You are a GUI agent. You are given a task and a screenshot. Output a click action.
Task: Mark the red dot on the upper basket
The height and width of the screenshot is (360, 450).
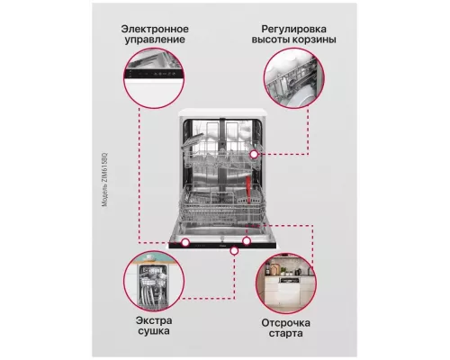coord(255,154)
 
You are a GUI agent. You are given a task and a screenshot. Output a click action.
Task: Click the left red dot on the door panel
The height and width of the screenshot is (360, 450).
coord(185,241)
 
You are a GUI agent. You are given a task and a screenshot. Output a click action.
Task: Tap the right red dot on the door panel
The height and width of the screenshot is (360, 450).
coord(246,241)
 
